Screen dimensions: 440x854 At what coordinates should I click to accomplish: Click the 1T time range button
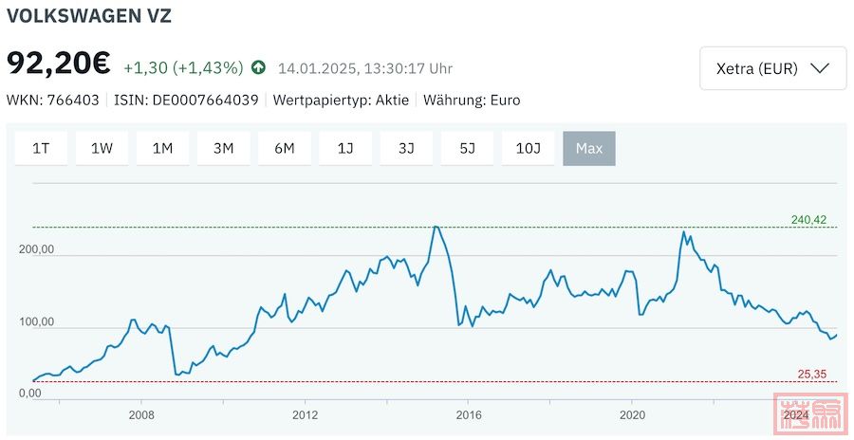tap(41, 148)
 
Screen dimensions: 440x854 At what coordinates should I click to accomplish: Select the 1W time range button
tap(102, 148)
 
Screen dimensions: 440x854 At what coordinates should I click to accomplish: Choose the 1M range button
tap(162, 148)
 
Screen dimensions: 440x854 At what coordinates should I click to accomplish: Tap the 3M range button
tap(223, 148)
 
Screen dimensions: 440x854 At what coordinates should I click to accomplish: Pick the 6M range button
tap(285, 148)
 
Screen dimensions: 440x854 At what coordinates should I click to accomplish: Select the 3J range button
tap(406, 148)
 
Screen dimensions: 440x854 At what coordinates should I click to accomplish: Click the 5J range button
tap(467, 148)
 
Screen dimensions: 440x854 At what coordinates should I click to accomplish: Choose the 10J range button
tap(528, 148)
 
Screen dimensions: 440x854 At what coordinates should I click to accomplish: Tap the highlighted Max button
tap(589, 148)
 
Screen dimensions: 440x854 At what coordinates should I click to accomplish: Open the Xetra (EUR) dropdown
tap(772, 68)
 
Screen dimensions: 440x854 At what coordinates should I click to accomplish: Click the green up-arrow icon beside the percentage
tap(258, 67)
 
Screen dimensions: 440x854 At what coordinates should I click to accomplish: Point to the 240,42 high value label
tap(808, 220)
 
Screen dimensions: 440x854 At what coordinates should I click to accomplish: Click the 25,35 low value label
tap(811, 375)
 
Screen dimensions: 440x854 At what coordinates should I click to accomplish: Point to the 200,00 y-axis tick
tap(36, 250)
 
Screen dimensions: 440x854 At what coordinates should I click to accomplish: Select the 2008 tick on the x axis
tap(141, 414)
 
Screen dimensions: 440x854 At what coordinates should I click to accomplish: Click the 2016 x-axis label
tap(469, 414)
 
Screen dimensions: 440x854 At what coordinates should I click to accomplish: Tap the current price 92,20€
tap(59, 64)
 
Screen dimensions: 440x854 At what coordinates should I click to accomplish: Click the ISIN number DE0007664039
tap(205, 100)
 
